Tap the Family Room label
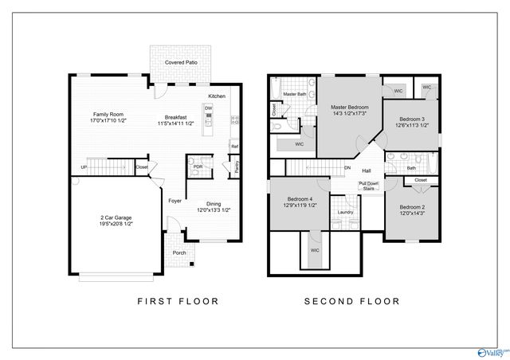108,115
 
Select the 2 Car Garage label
117,217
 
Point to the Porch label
179,254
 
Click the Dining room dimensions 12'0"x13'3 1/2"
213,210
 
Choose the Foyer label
175,201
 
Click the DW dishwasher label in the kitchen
208,108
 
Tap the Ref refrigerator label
234,147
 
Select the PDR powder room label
196,167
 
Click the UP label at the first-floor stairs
83,167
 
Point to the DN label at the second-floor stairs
347,168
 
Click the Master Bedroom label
348,107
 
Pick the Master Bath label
295,95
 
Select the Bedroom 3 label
412,119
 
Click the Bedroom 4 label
299,198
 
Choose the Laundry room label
345,212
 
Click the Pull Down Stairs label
368,186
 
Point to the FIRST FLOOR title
178,302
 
